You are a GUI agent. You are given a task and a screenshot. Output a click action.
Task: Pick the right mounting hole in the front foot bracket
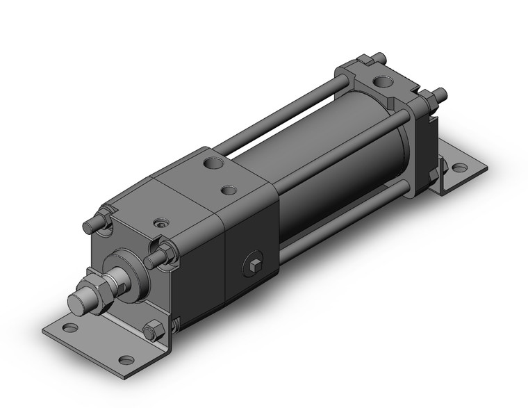point(125,359)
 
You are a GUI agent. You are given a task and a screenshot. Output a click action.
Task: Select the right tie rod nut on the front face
point(166,253)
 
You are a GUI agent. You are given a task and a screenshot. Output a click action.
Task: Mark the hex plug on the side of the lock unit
point(255,264)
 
